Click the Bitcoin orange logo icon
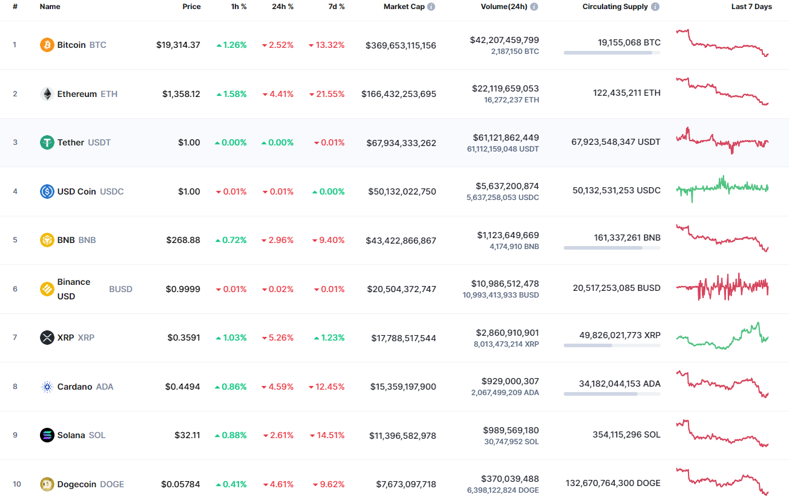coord(47,45)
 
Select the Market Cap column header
coord(404,7)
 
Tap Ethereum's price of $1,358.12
coord(181,94)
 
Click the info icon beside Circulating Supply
coord(656,7)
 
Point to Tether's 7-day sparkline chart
coord(722,141)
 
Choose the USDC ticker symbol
coord(111,192)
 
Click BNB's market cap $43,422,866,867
coord(401,241)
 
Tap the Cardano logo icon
coord(47,387)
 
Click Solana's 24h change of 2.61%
coord(278,435)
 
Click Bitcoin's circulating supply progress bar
coord(612,53)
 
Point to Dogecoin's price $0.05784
coord(180,484)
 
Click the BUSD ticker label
coord(120,289)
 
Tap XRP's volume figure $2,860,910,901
coord(505,333)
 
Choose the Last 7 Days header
coord(751,7)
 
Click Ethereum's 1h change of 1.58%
coord(231,94)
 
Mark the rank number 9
coord(15,435)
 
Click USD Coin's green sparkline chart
coord(722,189)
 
